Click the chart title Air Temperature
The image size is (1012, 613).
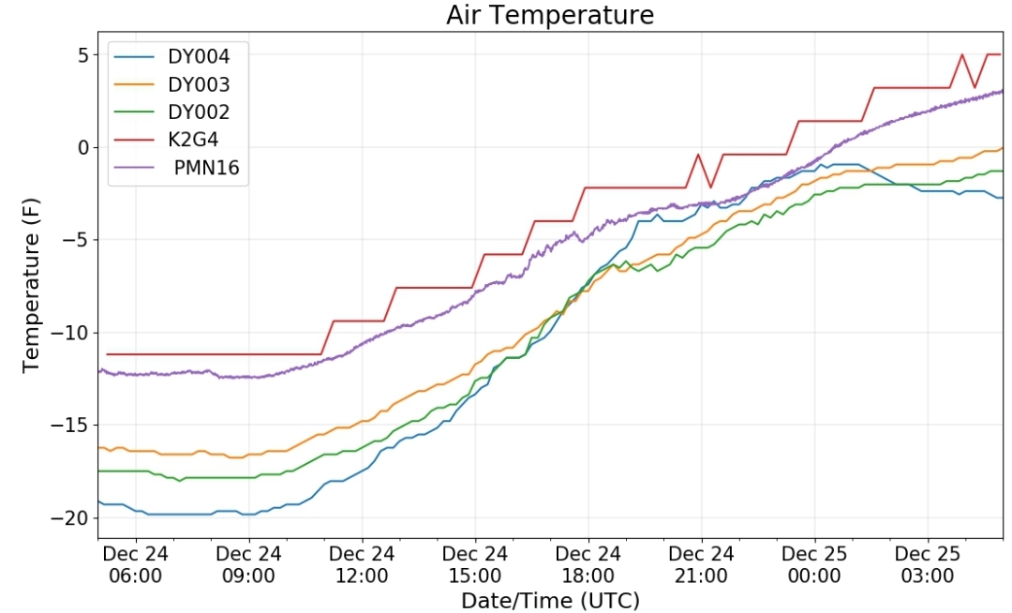pyautogui.click(x=550, y=14)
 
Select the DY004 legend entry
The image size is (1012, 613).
pyautogui.click(x=171, y=57)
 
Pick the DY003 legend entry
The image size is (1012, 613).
pyautogui.click(x=171, y=84)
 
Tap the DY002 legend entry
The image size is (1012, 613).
pyautogui.click(x=171, y=112)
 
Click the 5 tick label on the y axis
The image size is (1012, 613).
pyautogui.click(x=83, y=55)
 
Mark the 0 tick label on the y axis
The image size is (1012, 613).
pyautogui.click(x=83, y=148)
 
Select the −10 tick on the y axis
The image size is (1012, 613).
pyautogui.click(x=69, y=333)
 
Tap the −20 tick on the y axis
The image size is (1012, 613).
pyautogui.click(x=69, y=518)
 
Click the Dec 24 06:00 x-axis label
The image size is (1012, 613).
pyautogui.click(x=136, y=564)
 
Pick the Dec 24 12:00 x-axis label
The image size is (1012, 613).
pyautogui.click(x=362, y=564)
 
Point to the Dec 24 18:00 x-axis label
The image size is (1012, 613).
pyautogui.click(x=588, y=564)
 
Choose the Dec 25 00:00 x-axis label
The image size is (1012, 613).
pyautogui.click(x=814, y=564)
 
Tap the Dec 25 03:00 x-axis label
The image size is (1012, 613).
pyautogui.click(x=928, y=564)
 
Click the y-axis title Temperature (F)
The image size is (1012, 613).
pyautogui.click(x=31, y=285)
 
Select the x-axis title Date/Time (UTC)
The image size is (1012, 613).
pyautogui.click(x=550, y=600)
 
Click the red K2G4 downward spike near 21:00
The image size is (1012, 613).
pyautogui.click(x=710, y=187)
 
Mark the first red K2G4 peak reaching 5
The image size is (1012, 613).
pyautogui.click(x=962, y=55)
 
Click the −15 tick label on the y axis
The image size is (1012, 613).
pyautogui.click(x=69, y=426)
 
